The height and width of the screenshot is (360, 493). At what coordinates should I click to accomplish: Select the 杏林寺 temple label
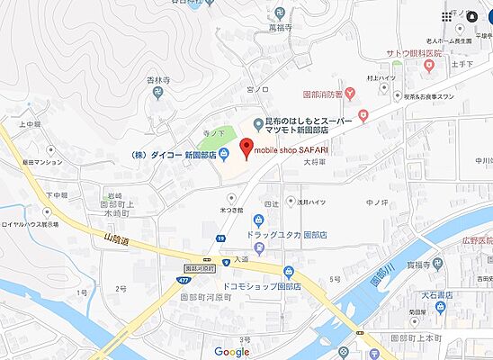pos(157,80)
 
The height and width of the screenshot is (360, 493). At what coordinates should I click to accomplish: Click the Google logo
pos(232,352)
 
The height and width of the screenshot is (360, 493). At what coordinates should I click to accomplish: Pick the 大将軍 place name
pos(313,162)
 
